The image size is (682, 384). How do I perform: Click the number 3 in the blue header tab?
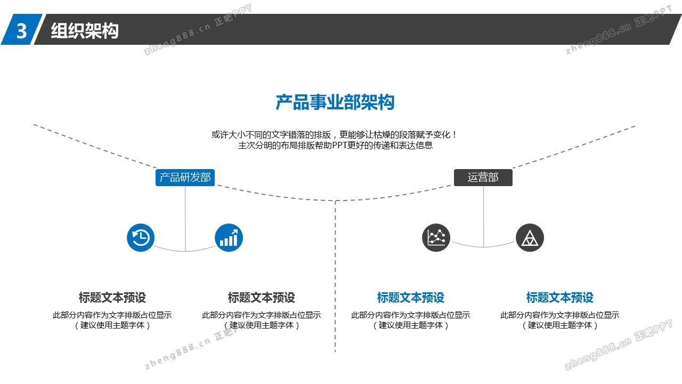click(21, 31)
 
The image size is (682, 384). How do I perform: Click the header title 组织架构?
click(85, 31)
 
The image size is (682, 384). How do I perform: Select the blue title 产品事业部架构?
click(335, 102)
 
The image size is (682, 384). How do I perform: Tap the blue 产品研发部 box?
click(185, 178)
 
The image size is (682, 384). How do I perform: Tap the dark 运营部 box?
click(483, 178)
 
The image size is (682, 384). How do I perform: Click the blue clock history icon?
click(141, 238)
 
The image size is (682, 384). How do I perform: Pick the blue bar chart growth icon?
click(229, 238)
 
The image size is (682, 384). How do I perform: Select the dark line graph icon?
click(436, 238)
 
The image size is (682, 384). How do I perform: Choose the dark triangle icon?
click(530, 238)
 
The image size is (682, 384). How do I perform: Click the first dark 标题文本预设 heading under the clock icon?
click(112, 298)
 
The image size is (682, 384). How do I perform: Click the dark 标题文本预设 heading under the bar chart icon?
click(262, 298)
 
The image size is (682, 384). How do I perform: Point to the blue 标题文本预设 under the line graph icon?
click(411, 298)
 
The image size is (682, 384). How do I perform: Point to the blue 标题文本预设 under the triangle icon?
click(560, 298)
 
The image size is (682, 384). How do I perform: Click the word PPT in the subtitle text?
click(339, 146)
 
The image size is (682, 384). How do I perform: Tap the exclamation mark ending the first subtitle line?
click(454, 134)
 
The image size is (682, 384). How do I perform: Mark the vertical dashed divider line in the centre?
click(335, 276)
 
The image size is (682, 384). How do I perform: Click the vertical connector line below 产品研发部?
click(185, 219)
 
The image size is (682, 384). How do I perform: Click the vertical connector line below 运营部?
click(483, 217)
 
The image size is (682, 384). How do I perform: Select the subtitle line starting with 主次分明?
click(335, 146)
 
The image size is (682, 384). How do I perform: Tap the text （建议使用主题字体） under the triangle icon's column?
click(560, 325)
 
